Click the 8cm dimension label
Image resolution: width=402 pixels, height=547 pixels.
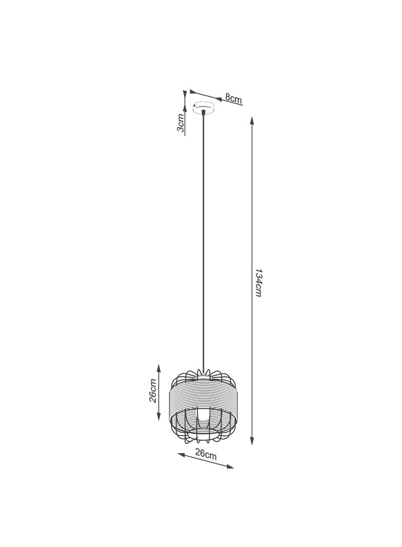point(233,99)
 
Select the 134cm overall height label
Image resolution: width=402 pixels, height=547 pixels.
point(258,283)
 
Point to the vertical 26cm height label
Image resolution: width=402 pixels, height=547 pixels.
point(152,390)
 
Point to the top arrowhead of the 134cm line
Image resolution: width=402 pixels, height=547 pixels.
point(252,121)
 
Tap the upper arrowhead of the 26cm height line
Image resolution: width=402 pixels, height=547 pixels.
point(159,367)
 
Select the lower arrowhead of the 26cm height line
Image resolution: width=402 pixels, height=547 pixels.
point(159,418)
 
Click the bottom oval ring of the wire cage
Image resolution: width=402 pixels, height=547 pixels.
point(204,437)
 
